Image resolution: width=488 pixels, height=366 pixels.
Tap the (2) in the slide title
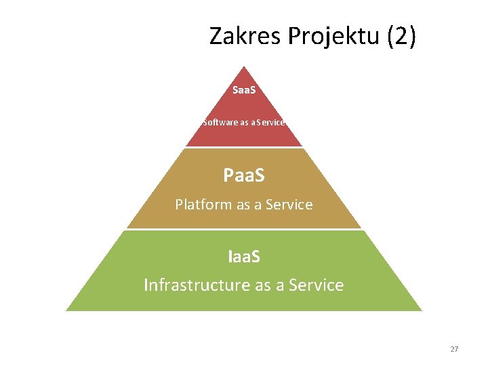[x=401, y=35]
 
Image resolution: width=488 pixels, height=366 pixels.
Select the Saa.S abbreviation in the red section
[x=244, y=90]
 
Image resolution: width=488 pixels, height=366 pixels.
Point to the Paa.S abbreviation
[x=244, y=176]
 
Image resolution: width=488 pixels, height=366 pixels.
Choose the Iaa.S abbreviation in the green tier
[x=244, y=258]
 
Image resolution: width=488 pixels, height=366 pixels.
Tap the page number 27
[x=454, y=349]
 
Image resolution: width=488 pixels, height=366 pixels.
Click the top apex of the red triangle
[x=244, y=66]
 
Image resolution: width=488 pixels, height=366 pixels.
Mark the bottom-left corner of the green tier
[x=67, y=310]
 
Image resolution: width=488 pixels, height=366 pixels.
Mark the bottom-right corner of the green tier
[x=421, y=310]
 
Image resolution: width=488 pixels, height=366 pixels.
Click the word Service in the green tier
[x=316, y=285]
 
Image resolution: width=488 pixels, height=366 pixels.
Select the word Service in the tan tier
[x=289, y=204]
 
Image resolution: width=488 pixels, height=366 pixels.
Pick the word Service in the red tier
[x=269, y=123]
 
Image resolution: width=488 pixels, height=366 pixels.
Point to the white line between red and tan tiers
[x=244, y=148]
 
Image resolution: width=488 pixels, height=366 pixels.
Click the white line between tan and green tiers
[x=244, y=230]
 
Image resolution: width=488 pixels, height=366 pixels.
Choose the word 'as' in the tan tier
[x=243, y=205]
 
